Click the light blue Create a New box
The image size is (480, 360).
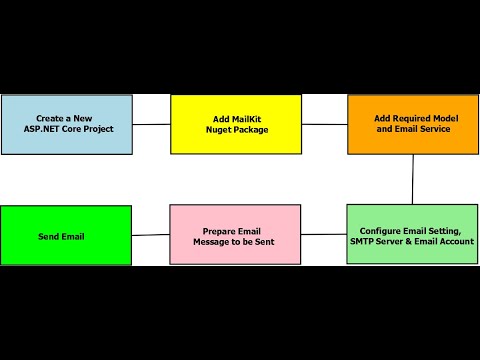point(66,124)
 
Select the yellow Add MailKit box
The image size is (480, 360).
point(235,124)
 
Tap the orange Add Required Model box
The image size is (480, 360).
point(412,124)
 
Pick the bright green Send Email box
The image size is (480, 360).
point(66,235)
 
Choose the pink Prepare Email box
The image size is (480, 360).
point(235,235)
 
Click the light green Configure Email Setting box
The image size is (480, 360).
point(412,235)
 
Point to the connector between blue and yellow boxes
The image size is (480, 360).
point(151,124)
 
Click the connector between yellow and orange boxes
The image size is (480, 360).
point(324,124)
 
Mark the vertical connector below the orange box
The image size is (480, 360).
point(412,179)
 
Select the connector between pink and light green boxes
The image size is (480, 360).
point(324,235)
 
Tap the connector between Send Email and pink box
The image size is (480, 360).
point(151,235)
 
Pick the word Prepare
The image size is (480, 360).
point(207,230)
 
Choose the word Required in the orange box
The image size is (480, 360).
point(415,118)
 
